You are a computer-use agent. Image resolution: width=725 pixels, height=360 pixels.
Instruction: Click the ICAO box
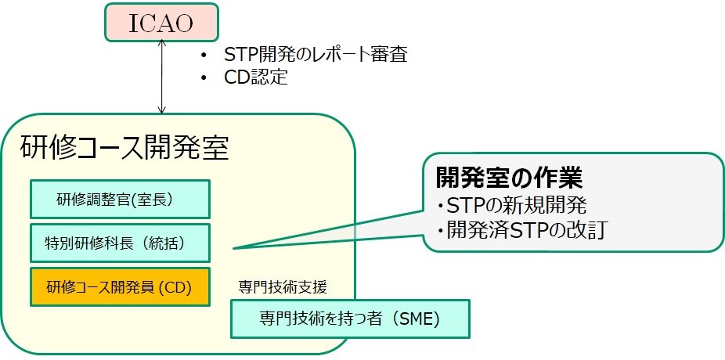pos(161,23)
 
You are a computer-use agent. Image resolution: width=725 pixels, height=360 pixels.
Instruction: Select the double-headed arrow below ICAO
pos(162,78)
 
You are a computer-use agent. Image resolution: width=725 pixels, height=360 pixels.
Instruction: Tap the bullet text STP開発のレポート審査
pos(316,56)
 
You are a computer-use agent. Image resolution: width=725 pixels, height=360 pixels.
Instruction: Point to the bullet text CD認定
pos(256,77)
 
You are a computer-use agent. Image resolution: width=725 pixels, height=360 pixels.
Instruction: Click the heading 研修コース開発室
pos(125,146)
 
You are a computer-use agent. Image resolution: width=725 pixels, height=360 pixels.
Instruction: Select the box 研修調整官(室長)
pos(120,200)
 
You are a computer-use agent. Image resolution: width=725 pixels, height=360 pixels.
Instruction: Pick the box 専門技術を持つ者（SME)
pos(350,319)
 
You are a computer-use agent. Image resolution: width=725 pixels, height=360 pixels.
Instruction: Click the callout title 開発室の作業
pos(509,178)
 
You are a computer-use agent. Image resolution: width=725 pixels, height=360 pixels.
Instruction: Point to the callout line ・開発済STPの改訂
pos(521,231)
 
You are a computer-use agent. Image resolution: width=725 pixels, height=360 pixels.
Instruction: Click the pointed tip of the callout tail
pos(234,249)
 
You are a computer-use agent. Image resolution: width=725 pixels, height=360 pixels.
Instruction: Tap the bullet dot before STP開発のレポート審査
pos(204,56)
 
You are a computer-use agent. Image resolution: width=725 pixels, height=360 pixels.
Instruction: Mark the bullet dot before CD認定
pos(204,77)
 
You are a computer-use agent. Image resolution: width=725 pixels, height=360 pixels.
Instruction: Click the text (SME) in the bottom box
pos(417,319)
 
